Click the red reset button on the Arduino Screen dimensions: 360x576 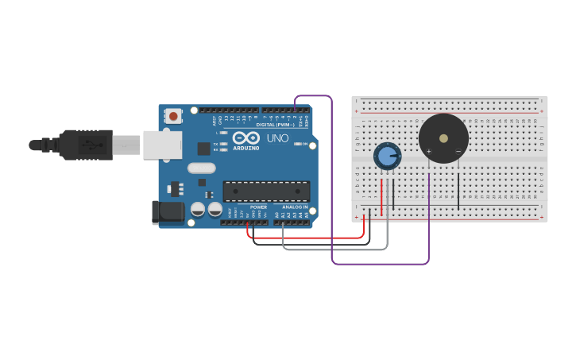pyautogui.click(x=173, y=116)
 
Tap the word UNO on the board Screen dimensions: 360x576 pyautogui.click(x=277, y=138)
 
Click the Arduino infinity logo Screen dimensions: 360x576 pyautogui.click(x=246, y=137)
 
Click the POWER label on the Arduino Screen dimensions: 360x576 pyautogui.click(x=258, y=207)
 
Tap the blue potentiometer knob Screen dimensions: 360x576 pyautogui.click(x=387, y=157)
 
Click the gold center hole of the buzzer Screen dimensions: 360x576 pyautogui.click(x=443, y=137)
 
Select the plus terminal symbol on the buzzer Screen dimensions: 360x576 pyautogui.click(x=429, y=151)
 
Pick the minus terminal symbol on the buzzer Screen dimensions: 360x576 pyautogui.click(x=458, y=151)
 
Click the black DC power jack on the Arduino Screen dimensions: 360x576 pyautogui.click(x=168, y=211)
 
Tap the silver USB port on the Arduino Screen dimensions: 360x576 pyautogui.click(x=162, y=145)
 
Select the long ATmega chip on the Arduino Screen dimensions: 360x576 pyautogui.click(x=266, y=191)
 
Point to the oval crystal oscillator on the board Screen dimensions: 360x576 pyautogui.click(x=202, y=168)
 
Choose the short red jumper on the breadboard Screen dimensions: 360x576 pyautogui.click(x=382, y=196)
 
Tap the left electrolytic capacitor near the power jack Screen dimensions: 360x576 pyautogui.click(x=198, y=210)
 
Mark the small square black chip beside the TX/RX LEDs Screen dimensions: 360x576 pyautogui.click(x=203, y=148)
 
